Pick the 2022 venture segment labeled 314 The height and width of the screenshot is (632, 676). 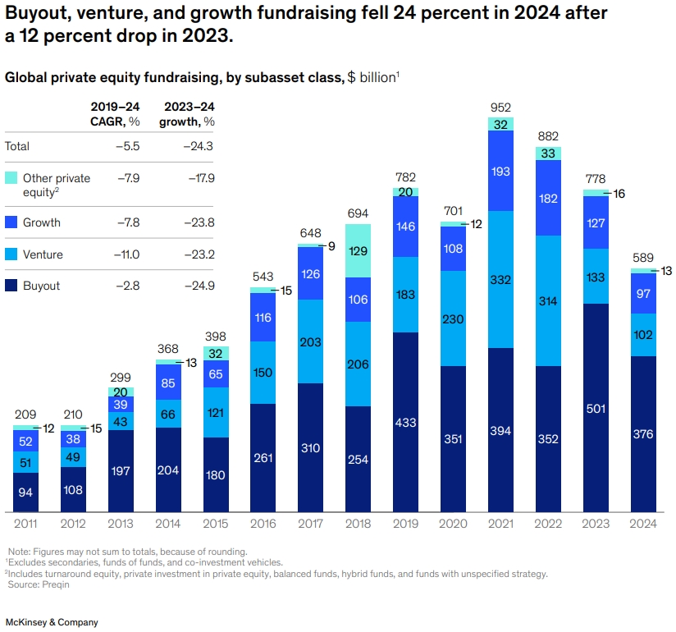tap(548, 300)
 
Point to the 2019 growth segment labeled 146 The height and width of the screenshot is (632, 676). tap(405, 227)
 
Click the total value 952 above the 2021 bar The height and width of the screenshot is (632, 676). tap(500, 108)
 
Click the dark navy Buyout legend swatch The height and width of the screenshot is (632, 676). tap(11, 286)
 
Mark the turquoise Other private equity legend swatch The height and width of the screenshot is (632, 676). tap(11, 178)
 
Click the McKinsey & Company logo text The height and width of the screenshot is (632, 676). tap(52, 622)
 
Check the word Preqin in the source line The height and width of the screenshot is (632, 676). tap(43, 584)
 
